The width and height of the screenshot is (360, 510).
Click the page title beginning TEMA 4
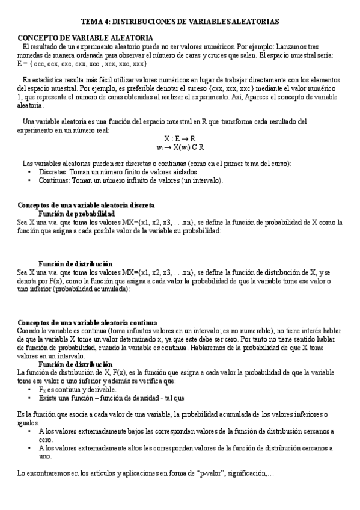tap(180, 21)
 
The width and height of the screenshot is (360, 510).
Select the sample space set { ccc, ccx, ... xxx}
tap(82, 63)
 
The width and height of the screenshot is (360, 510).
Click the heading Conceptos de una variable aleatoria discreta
tap(86, 205)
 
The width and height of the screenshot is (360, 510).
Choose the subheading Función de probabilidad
tap(76, 214)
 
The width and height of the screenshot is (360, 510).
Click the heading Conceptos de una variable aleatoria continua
tap(87, 322)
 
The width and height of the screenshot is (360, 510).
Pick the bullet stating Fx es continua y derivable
tap(78, 390)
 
